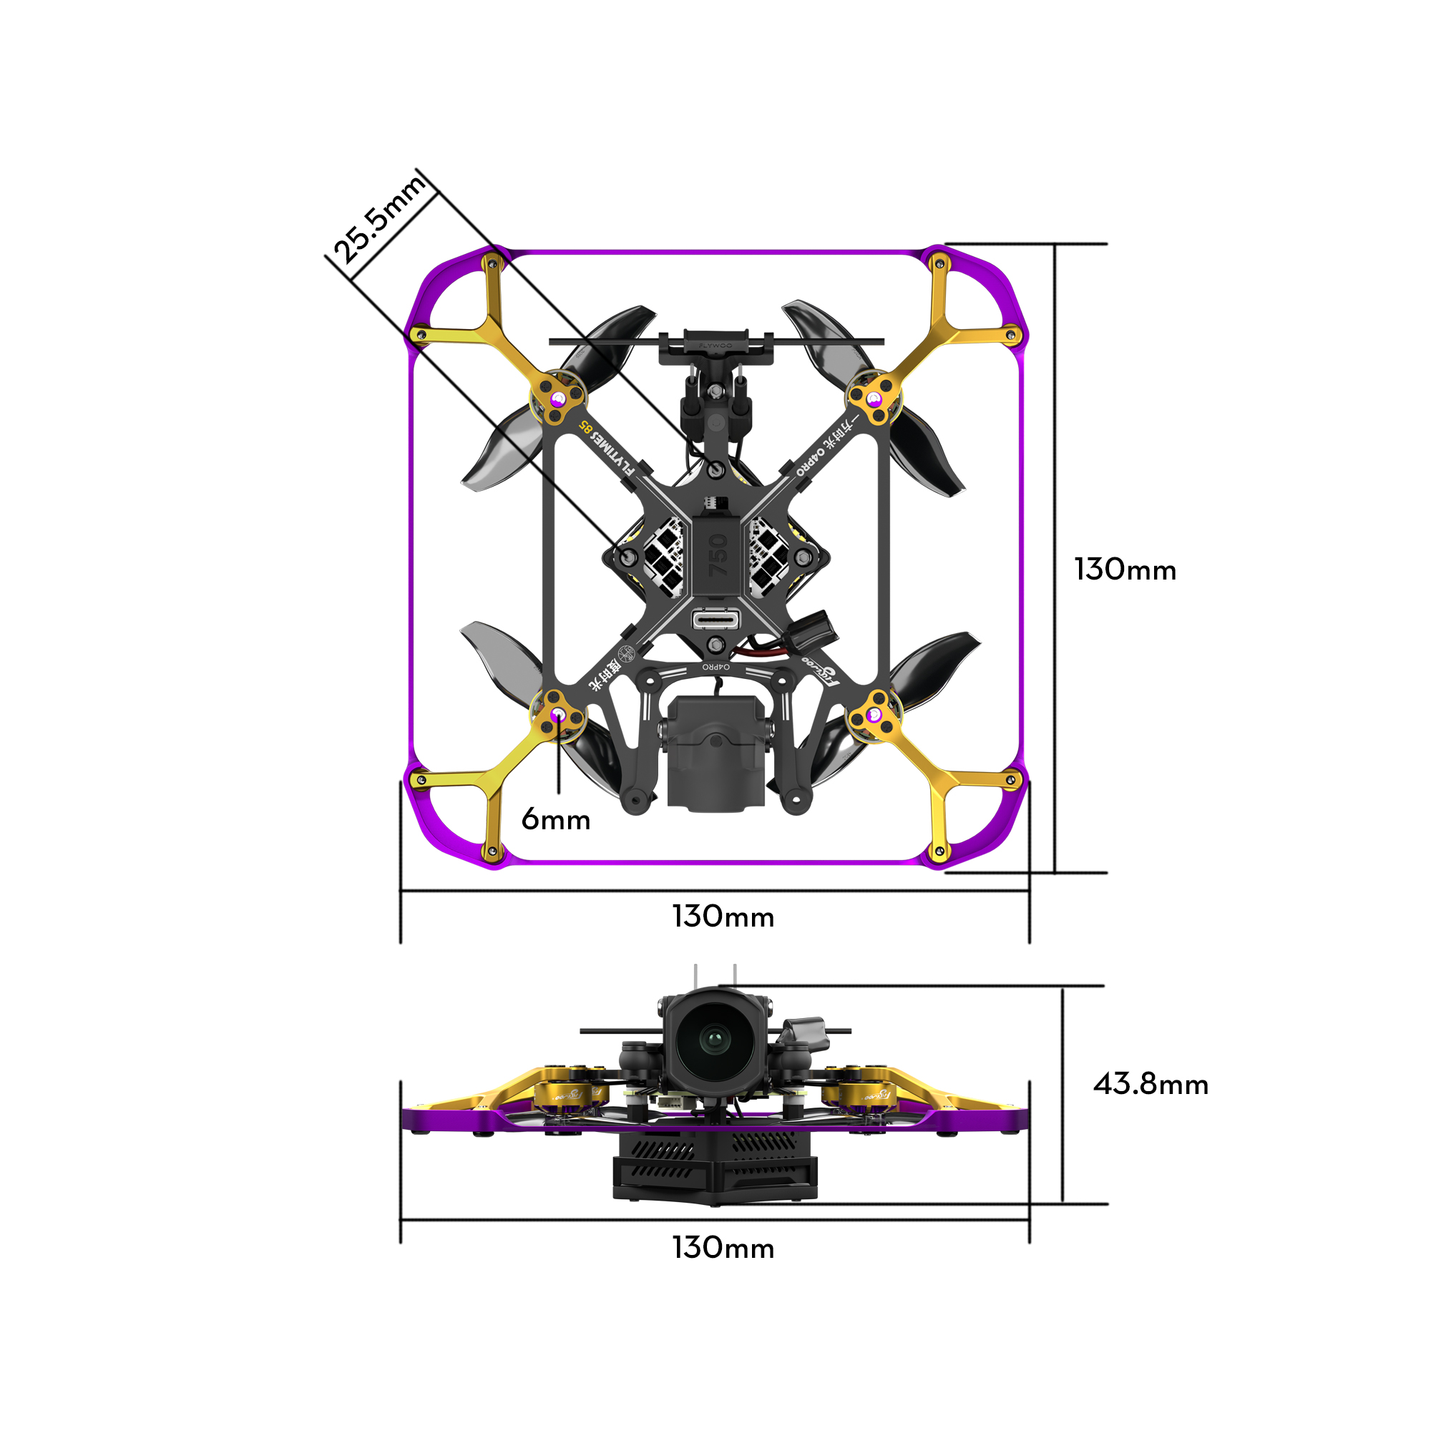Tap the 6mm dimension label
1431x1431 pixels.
[x=555, y=820]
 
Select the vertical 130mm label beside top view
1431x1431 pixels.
[x=1124, y=570]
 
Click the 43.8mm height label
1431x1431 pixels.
[x=1151, y=1085]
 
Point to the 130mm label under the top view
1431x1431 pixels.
[x=723, y=917]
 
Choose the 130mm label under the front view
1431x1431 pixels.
[x=723, y=1248]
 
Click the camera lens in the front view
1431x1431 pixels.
[x=714, y=1040]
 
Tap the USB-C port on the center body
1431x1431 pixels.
[x=715, y=618]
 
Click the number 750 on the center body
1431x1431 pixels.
[x=718, y=555]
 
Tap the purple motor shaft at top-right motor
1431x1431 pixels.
[x=875, y=399]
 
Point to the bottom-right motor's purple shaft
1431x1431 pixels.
[x=875, y=715]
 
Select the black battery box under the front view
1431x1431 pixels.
[x=715, y=1171]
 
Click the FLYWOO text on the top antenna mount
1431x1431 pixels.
[x=715, y=345]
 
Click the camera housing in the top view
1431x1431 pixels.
[x=715, y=752]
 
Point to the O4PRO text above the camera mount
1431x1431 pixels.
[x=715, y=667]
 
